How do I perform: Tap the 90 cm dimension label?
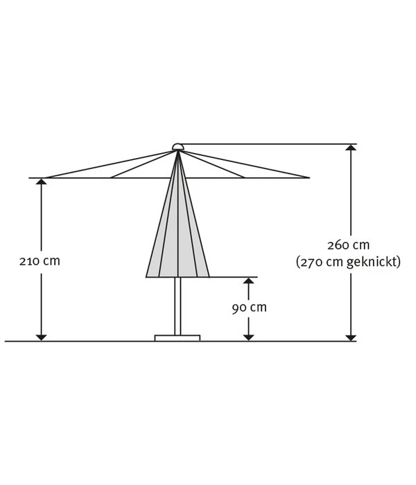click(249, 308)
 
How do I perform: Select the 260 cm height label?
click(348, 245)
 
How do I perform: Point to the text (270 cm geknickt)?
click(348, 263)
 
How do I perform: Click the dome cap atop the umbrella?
click(178, 146)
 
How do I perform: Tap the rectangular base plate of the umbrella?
click(177, 338)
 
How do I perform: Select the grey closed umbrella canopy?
click(177, 236)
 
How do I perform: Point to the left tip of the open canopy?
click(31, 178)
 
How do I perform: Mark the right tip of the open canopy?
click(309, 177)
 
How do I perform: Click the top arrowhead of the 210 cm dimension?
click(41, 183)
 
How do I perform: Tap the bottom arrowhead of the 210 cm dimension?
click(41, 337)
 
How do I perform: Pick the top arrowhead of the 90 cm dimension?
click(248, 282)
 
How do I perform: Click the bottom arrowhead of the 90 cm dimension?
click(248, 337)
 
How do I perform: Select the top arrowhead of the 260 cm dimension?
click(352, 149)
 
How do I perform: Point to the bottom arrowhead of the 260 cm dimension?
click(352, 337)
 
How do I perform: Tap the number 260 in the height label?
click(338, 245)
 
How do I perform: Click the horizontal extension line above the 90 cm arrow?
click(232, 277)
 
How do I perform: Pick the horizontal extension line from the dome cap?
click(270, 144)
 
